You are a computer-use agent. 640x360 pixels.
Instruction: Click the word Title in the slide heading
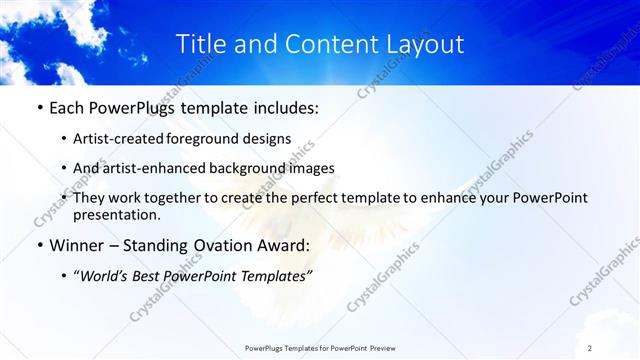(x=200, y=45)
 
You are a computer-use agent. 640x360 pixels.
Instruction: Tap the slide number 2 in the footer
(x=590, y=347)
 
